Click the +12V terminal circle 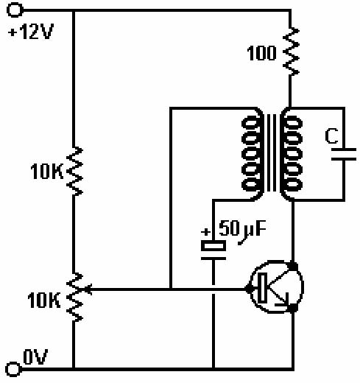click(x=15, y=10)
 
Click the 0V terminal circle click(x=13, y=369)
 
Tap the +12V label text click(x=31, y=32)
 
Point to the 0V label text click(x=35, y=356)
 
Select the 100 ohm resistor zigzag click(x=291, y=52)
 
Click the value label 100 click(x=261, y=53)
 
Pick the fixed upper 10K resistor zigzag click(x=74, y=171)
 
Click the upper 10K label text click(x=46, y=171)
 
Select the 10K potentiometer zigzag click(x=74, y=297)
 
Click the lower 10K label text click(x=43, y=300)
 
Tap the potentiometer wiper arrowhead click(x=88, y=289)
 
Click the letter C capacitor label click(x=331, y=136)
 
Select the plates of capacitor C click(x=344, y=155)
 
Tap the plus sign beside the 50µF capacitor click(x=205, y=231)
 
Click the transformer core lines click(x=272, y=152)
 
